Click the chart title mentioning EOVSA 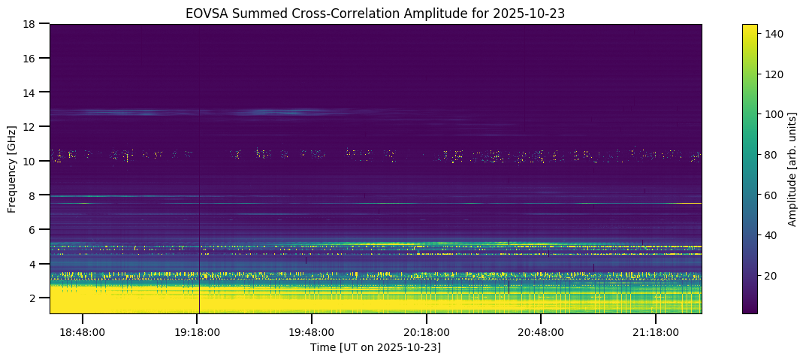pos(375,13)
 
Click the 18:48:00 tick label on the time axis pos(83,331)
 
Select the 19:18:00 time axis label pos(197,331)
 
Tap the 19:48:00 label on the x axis pos(312,331)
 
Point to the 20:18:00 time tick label pos(427,331)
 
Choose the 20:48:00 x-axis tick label pos(541,331)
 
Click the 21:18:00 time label pos(656,331)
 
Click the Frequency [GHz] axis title pos(12,169)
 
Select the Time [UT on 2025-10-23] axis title pos(375,347)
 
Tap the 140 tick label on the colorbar pos(773,34)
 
